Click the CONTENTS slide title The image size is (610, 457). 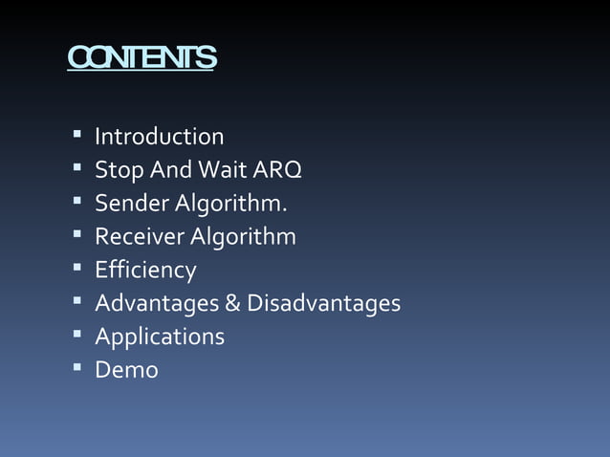pyautogui.click(x=142, y=58)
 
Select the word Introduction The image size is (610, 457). pyautogui.click(x=159, y=137)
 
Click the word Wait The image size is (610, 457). pyautogui.click(x=221, y=170)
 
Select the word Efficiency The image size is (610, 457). pyautogui.click(x=145, y=271)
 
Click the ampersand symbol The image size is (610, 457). pyautogui.click(x=232, y=304)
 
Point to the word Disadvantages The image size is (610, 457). pyautogui.click(x=323, y=304)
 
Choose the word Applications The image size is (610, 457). pyautogui.click(x=160, y=337)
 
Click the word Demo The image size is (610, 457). pyautogui.click(x=126, y=370)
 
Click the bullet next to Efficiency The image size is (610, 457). pyautogui.click(x=76, y=269)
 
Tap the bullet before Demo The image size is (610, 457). pyautogui.click(x=76, y=368)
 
